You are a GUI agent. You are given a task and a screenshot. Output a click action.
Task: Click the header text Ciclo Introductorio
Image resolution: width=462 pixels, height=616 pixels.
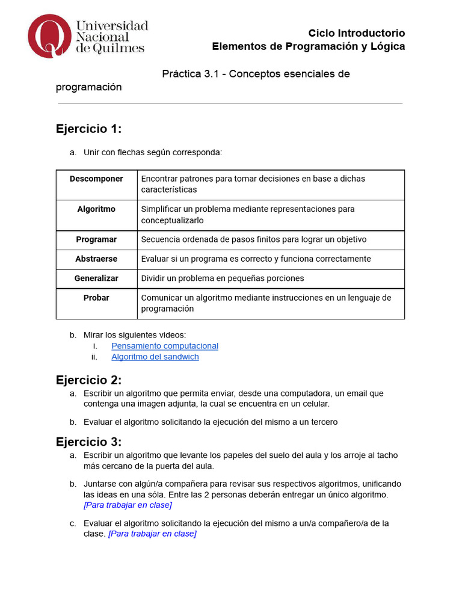tap(356, 33)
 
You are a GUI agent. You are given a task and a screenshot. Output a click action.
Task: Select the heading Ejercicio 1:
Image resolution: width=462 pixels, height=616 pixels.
tap(88, 129)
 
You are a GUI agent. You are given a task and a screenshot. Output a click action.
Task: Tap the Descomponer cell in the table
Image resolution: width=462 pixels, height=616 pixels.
tap(96, 179)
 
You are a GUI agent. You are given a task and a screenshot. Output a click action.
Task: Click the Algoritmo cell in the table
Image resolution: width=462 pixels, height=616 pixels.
tap(96, 209)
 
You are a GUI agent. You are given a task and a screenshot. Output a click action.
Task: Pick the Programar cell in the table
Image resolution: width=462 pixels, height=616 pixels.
tap(96, 239)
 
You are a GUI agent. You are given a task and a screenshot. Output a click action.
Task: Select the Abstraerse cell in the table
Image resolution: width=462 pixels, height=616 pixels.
tap(96, 259)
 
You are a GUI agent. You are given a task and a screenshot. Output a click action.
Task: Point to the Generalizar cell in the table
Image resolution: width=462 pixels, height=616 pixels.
tap(96, 279)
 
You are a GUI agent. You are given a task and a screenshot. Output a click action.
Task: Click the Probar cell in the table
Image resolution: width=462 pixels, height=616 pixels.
tap(96, 298)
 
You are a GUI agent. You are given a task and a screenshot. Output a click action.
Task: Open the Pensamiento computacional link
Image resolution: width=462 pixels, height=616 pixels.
tap(165, 346)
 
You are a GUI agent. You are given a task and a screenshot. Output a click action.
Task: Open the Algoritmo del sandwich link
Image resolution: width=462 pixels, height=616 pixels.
tap(155, 357)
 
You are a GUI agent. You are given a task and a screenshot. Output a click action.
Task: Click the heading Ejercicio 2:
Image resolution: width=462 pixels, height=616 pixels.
tap(88, 380)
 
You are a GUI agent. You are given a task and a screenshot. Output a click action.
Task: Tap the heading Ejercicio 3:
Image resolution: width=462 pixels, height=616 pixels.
tap(88, 442)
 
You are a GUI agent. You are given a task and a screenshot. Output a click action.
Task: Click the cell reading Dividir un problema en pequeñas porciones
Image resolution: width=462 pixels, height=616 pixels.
tap(222, 279)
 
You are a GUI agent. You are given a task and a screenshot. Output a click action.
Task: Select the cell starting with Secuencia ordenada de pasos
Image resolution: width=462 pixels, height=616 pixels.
tap(253, 239)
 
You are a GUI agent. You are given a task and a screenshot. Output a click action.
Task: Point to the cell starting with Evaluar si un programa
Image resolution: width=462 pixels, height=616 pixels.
tap(256, 259)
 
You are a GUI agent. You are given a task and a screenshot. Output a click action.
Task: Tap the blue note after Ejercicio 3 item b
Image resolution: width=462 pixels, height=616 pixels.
tap(128, 505)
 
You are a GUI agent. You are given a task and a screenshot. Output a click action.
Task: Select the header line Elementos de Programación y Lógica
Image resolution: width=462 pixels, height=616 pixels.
tap(309, 46)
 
